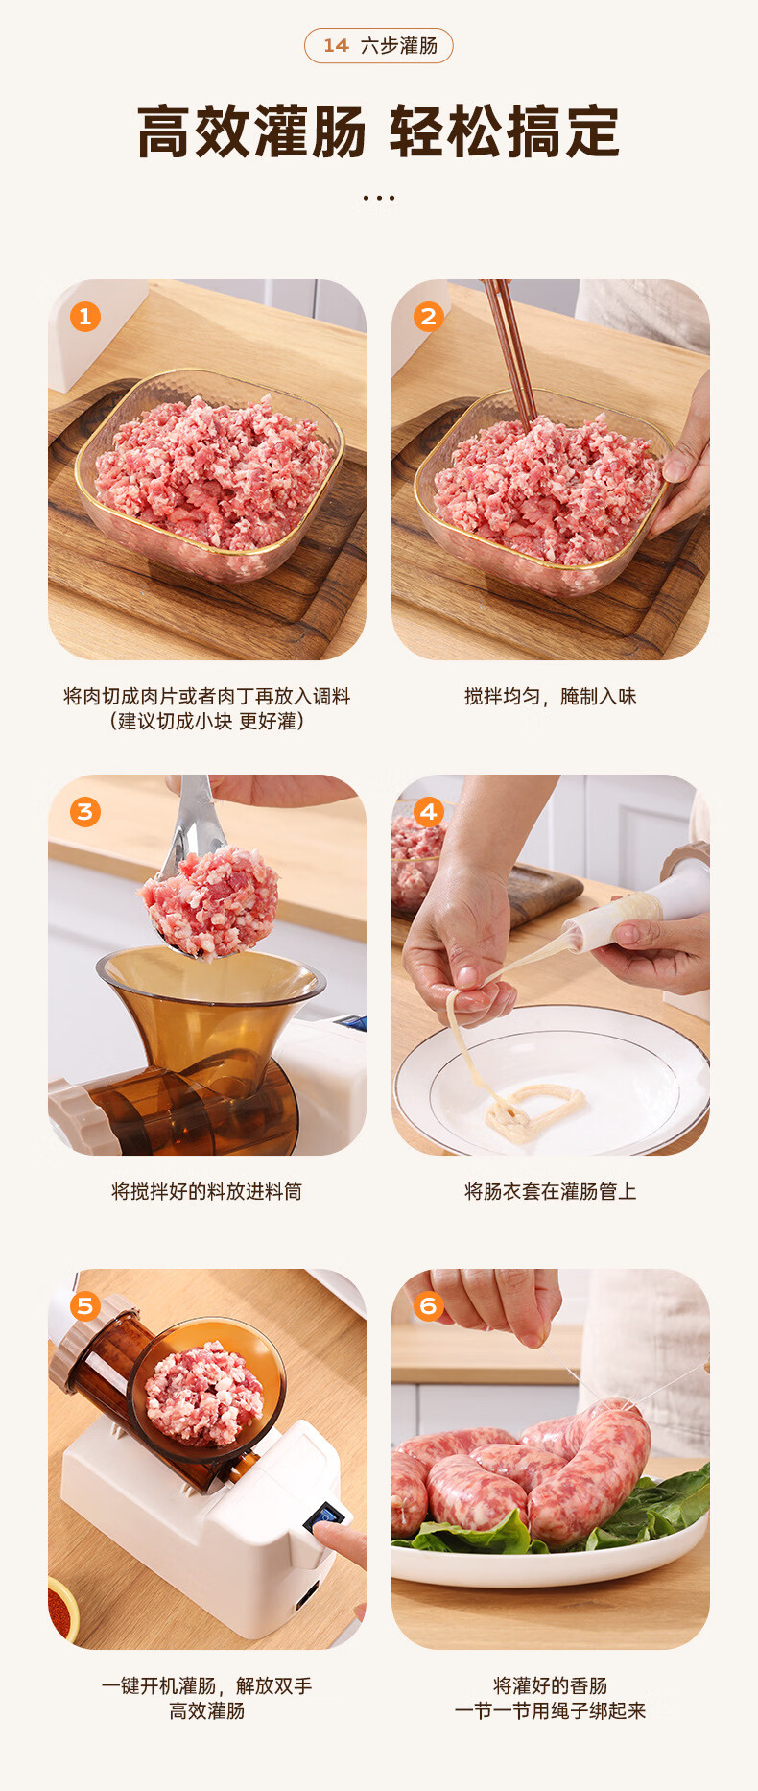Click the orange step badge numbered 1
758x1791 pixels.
pyautogui.click(x=85, y=317)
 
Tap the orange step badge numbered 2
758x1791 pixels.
pyautogui.click(x=429, y=317)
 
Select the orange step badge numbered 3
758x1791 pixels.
pyautogui.click(x=85, y=812)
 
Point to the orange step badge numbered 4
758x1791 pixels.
pyautogui.click(x=429, y=812)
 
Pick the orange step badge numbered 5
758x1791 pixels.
pyautogui.click(x=85, y=1306)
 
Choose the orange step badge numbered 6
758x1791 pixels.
pyautogui.click(x=429, y=1306)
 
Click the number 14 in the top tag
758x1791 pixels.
pyautogui.click(x=336, y=46)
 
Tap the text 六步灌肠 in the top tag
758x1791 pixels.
pyautogui.click(x=399, y=46)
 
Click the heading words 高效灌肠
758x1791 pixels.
pyautogui.click(x=252, y=131)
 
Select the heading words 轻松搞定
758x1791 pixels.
pyautogui.click(x=505, y=131)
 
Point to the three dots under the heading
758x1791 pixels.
pyautogui.click(x=379, y=198)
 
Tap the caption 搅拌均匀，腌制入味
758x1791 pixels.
pyautogui.click(x=551, y=697)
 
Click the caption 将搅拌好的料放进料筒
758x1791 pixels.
pyautogui.click(x=207, y=1191)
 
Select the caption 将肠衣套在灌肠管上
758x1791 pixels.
pyautogui.click(x=551, y=1191)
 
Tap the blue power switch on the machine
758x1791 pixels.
pyautogui.click(x=325, y=1517)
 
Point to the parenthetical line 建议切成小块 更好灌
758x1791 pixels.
pyautogui.click(x=207, y=722)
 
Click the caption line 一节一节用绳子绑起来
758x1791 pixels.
pyautogui.click(x=551, y=1710)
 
